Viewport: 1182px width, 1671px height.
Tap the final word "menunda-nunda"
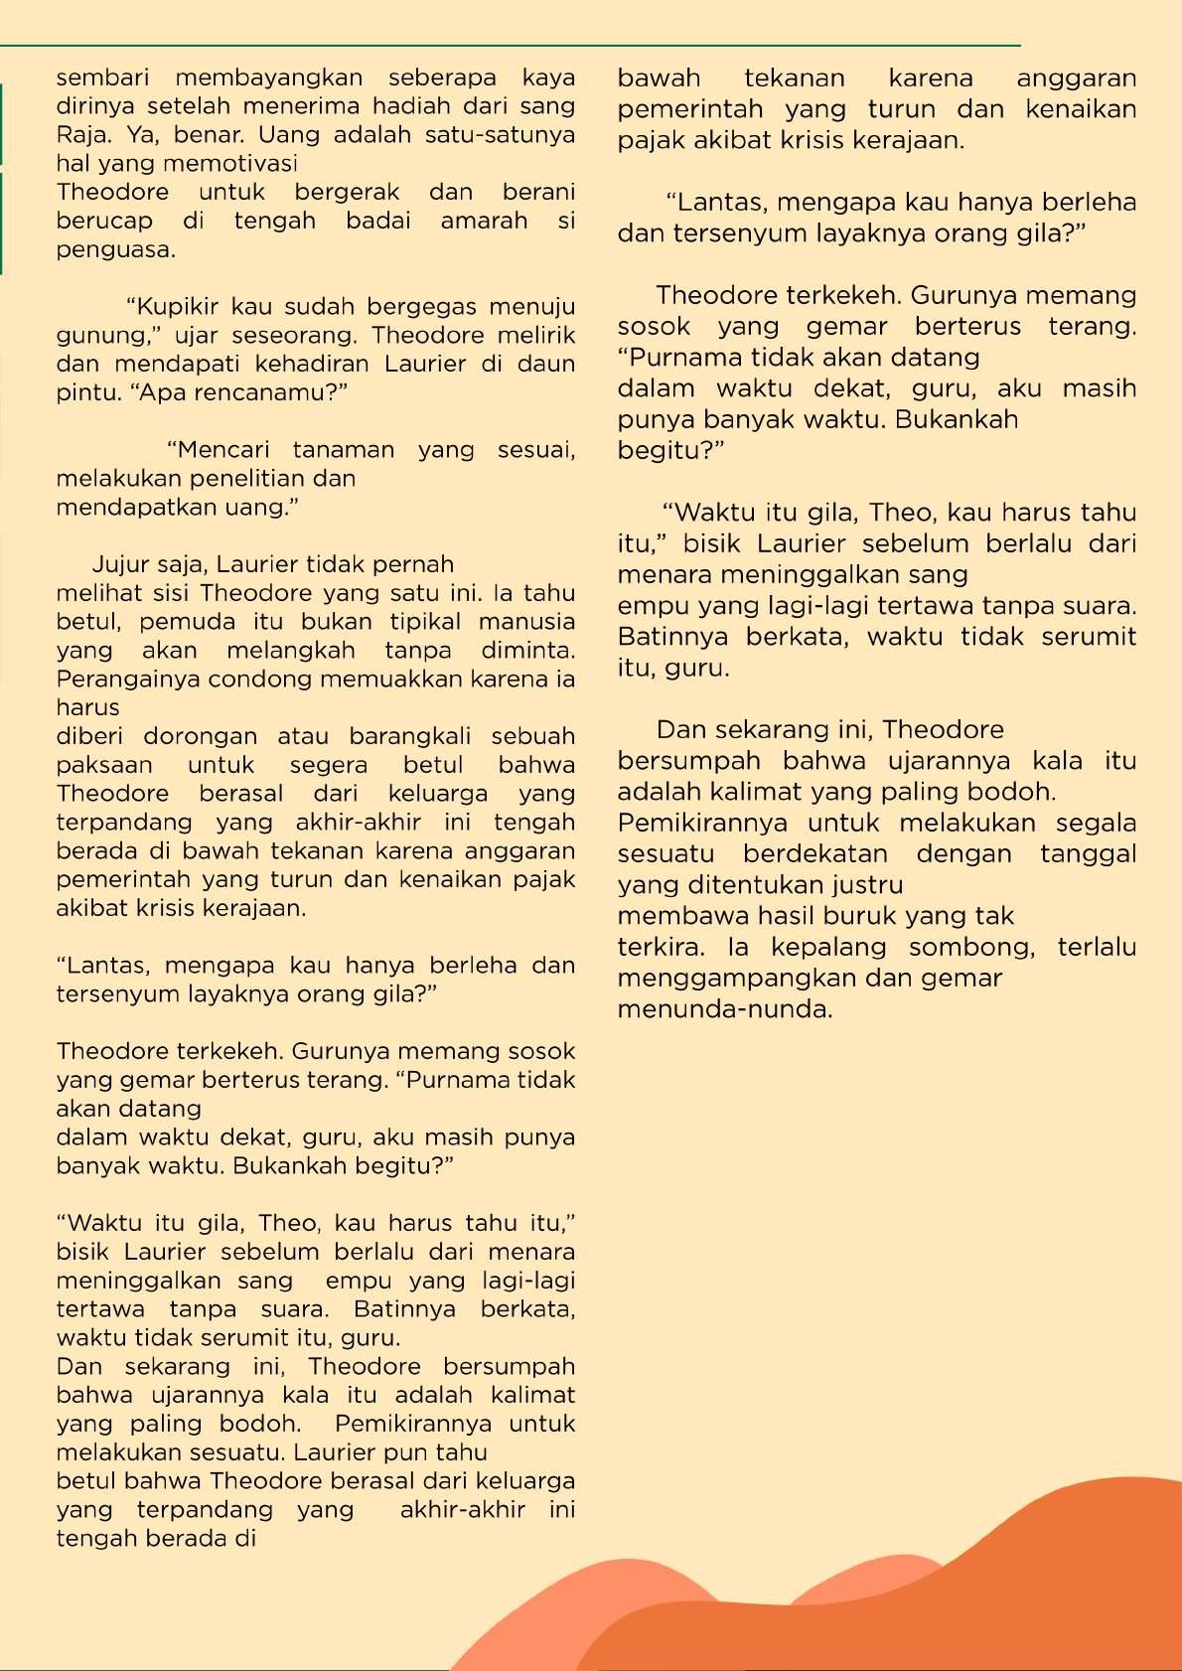pos(724,1010)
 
